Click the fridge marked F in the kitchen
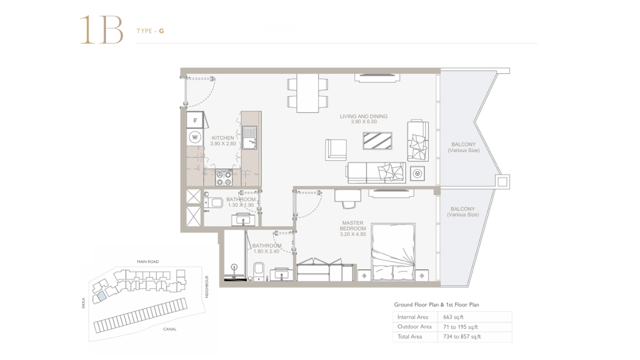point(195,120)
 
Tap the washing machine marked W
point(195,137)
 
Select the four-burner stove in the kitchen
point(223,177)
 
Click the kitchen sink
point(249,137)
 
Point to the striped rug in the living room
point(377,141)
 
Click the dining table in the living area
point(307,93)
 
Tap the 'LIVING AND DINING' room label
point(363,116)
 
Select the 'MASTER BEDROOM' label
point(352,225)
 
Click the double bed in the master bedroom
point(393,251)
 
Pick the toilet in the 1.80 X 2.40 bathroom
point(258,271)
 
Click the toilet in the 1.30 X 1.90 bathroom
point(214,202)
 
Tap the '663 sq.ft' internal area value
point(453,317)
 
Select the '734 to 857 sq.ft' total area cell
point(462,336)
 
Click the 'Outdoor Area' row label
point(414,326)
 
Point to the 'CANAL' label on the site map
point(169,329)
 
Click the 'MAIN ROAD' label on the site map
point(147,261)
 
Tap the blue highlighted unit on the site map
point(102,296)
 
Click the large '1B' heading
point(101,30)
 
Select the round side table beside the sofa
point(417,173)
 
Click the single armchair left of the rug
point(335,149)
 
